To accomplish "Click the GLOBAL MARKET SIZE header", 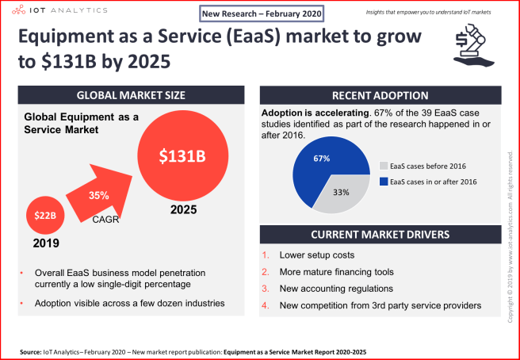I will (132, 95).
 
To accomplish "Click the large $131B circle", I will (182, 156).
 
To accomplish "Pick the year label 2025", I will (182, 213).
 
